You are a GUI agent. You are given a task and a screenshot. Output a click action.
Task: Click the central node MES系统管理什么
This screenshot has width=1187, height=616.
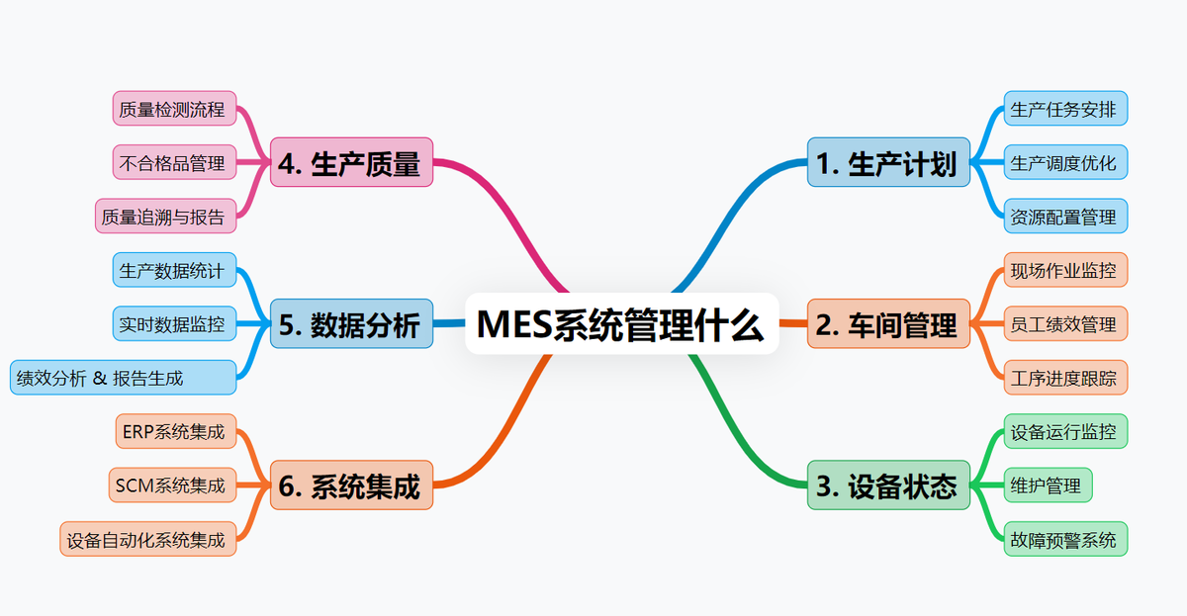click(x=621, y=323)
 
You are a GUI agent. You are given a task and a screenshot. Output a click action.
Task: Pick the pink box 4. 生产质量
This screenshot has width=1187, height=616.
click(x=351, y=162)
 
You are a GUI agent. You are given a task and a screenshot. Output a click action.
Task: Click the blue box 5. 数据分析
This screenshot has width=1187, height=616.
click(x=351, y=323)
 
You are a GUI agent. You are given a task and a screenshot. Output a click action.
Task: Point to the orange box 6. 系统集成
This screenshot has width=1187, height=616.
click(x=351, y=484)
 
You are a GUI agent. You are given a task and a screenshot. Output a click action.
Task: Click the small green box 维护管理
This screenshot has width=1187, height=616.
click(x=1048, y=484)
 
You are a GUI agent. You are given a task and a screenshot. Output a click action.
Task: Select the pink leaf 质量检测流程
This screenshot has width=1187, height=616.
click(x=174, y=109)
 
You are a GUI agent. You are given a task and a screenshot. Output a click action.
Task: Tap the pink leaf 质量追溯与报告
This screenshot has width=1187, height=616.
click(x=165, y=216)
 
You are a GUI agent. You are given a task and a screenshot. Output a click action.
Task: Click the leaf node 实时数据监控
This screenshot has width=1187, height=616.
click(x=174, y=323)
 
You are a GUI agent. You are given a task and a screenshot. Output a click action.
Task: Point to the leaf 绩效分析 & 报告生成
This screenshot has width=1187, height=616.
click(x=124, y=377)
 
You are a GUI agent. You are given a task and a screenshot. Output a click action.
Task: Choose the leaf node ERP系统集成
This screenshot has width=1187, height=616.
click(x=174, y=431)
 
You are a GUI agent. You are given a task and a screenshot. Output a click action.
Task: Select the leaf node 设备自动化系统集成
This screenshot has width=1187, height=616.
click(x=147, y=539)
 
